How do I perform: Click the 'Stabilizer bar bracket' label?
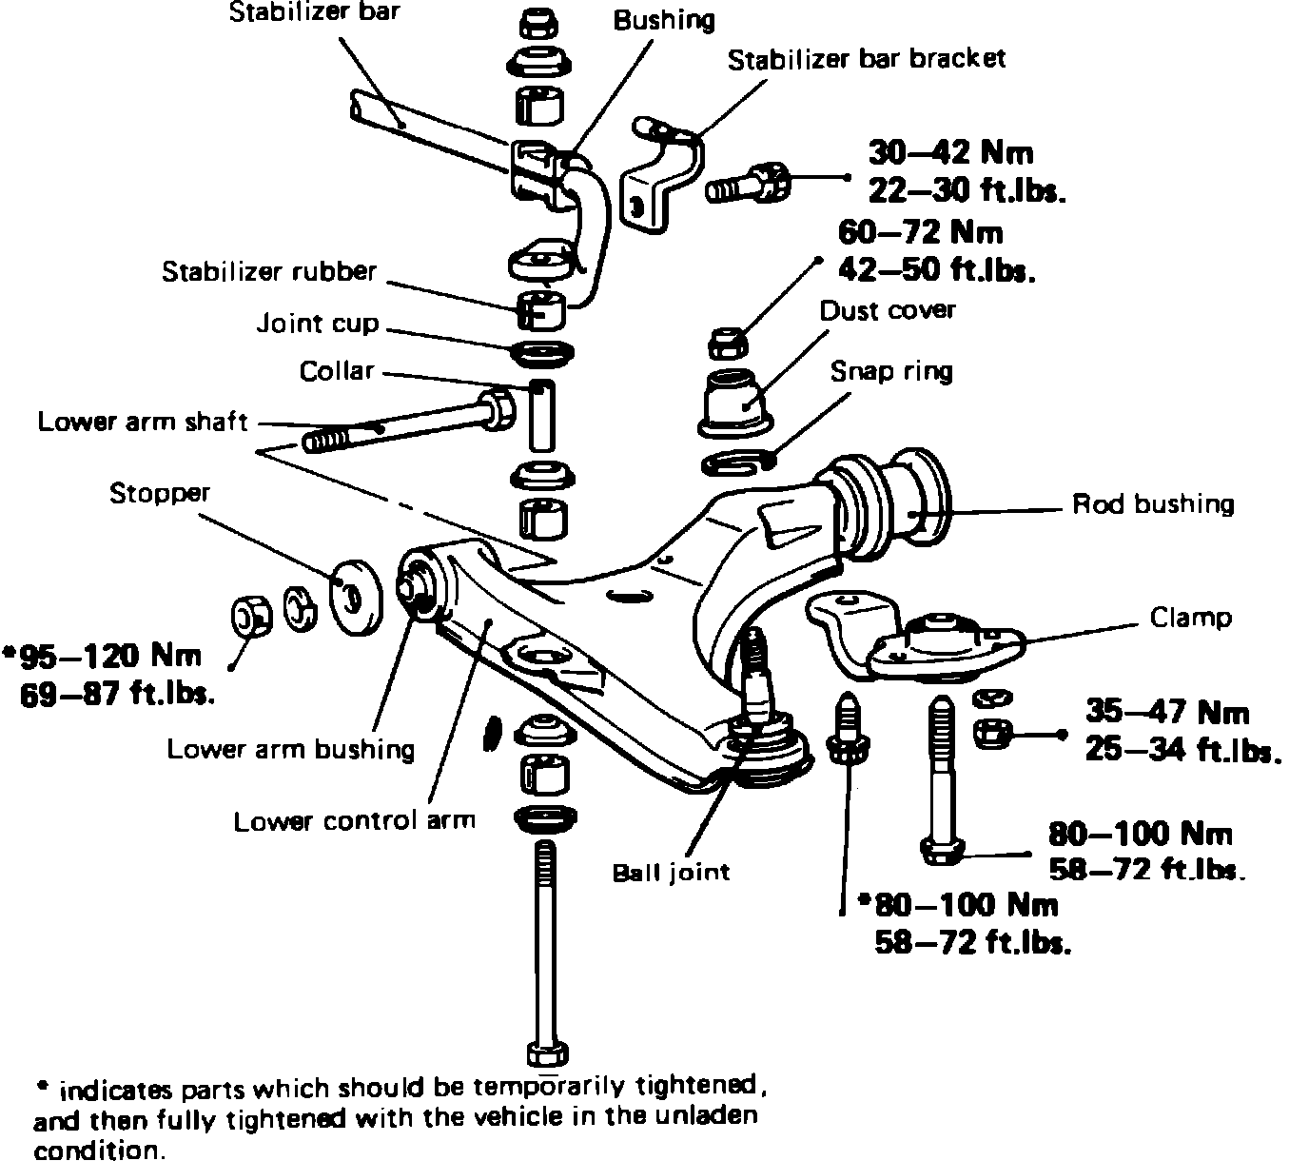866,59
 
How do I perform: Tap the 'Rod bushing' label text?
1153,503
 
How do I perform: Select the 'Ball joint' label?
672,872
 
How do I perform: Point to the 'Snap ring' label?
891,370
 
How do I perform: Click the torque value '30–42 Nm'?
950,152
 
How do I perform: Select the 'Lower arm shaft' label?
143,421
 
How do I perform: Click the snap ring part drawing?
738,462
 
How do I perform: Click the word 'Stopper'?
159,493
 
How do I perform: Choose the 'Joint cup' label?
318,324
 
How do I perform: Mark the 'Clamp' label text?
1190,618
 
